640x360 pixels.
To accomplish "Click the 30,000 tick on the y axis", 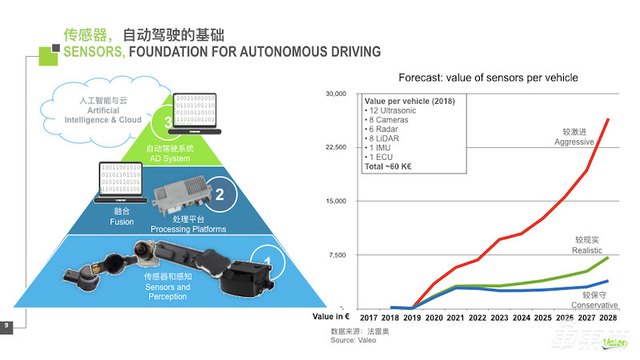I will click(x=335, y=94).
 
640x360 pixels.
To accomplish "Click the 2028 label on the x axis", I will click(x=608, y=317).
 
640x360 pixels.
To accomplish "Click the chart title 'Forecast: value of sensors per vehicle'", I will click(x=488, y=78).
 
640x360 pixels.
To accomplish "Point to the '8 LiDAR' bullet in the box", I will click(x=382, y=138).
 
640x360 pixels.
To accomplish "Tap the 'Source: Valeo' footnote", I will click(x=352, y=340).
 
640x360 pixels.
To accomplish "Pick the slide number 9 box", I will click(x=6, y=325).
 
